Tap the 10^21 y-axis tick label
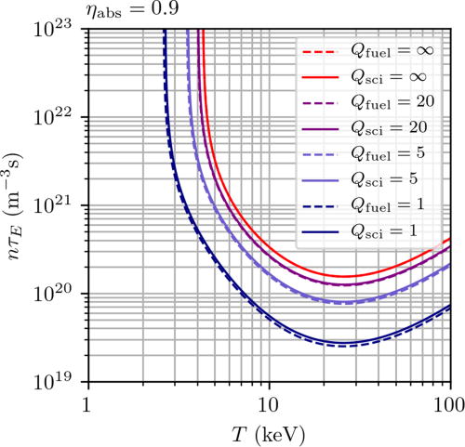coord(60,204)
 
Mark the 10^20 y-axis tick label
coord(60,294)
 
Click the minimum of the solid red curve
coord(345,276)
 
